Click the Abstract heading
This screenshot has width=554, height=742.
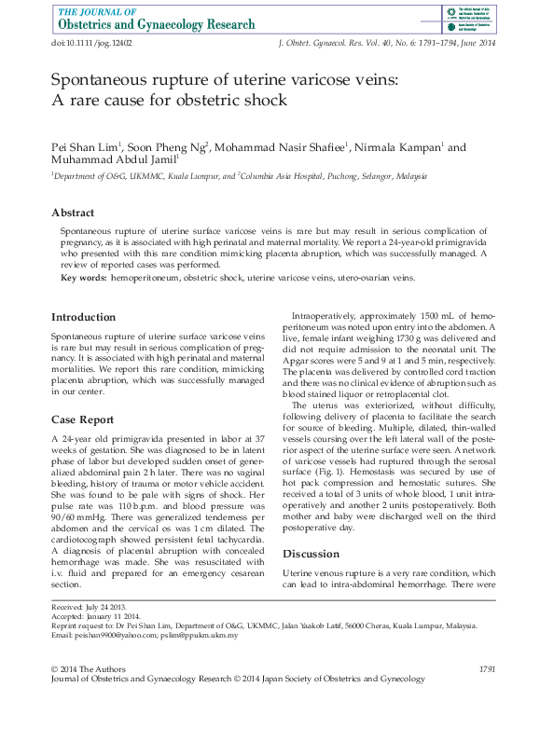pyautogui.click(x=73, y=213)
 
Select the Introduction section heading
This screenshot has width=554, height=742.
pyautogui.click(x=84, y=317)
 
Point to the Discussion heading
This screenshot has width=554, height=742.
pyautogui.click(x=312, y=553)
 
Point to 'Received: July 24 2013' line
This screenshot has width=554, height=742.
pyautogui.click(x=90, y=607)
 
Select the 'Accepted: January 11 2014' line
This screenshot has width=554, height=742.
pyautogui.click(x=96, y=616)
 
